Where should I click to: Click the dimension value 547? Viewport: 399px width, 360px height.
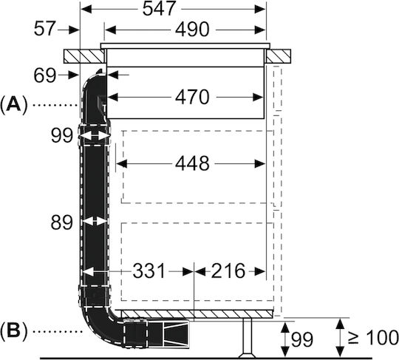click(x=159, y=8)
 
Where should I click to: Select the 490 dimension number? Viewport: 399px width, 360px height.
click(x=192, y=30)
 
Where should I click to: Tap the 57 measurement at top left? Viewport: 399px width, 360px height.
click(x=44, y=29)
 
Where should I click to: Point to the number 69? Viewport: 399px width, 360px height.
click(x=45, y=75)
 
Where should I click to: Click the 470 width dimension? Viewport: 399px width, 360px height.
click(x=192, y=97)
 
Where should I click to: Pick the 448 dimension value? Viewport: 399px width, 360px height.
click(x=192, y=163)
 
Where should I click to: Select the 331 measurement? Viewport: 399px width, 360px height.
click(x=149, y=271)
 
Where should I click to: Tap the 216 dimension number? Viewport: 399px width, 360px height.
click(x=228, y=271)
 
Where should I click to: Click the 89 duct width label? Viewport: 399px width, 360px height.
click(x=62, y=223)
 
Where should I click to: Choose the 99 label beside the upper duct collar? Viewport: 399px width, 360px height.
click(x=62, y=135)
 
